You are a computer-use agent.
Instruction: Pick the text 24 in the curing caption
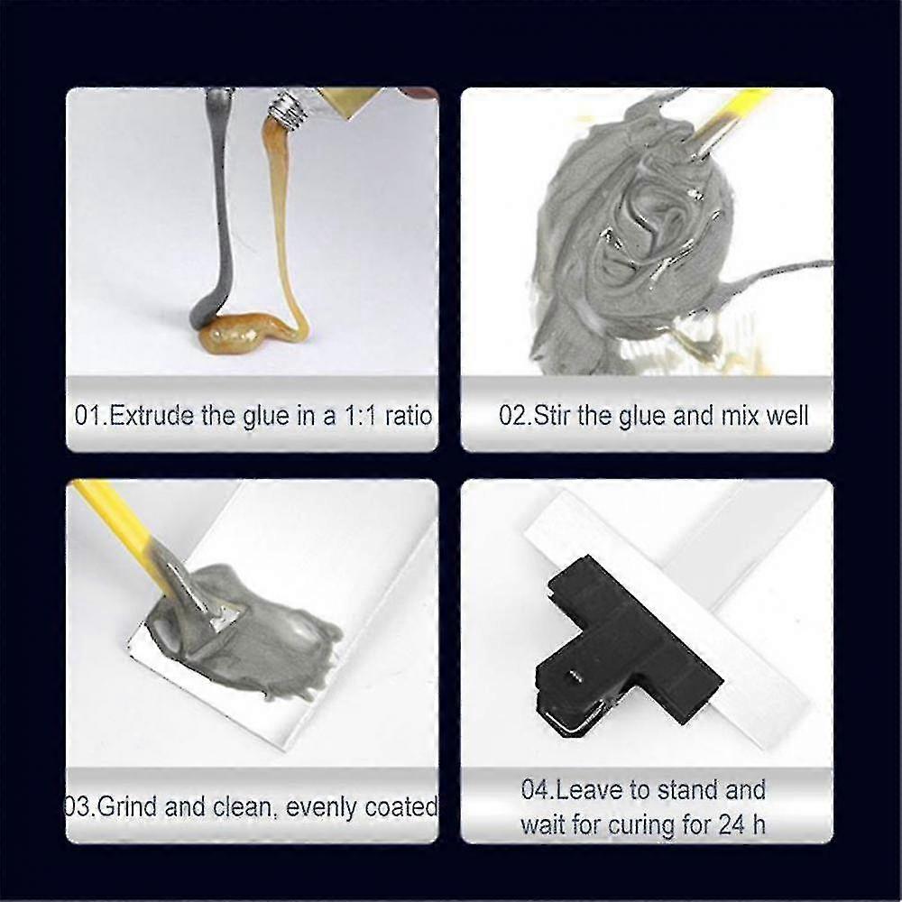click(727, 824)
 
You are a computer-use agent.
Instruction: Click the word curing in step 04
click(649, 824)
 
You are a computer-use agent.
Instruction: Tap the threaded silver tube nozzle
click(288, 110)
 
